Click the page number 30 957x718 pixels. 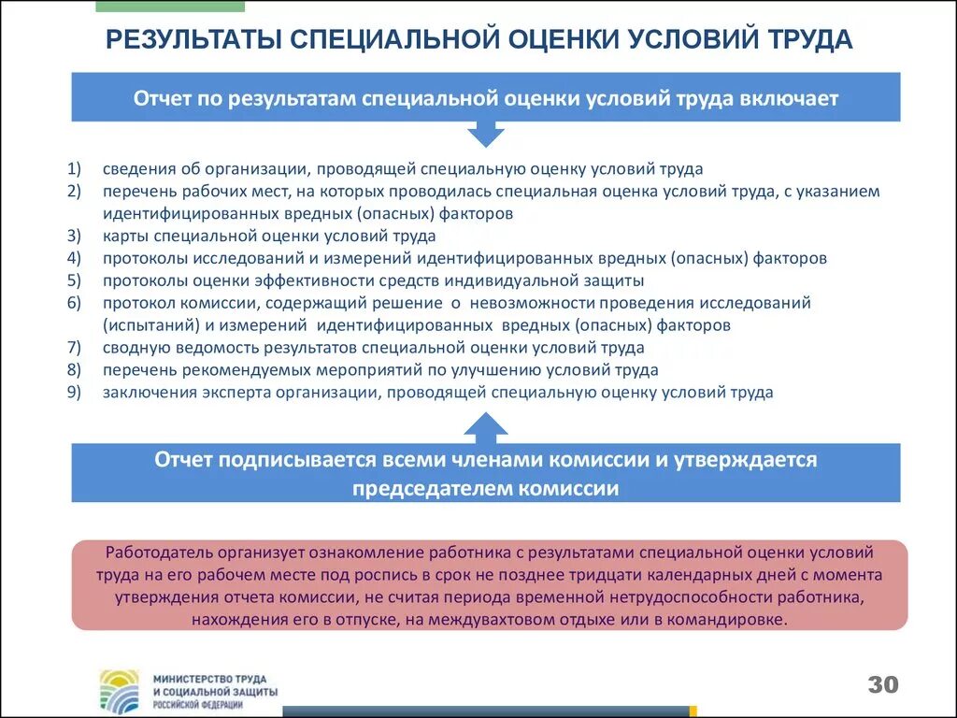tap(882, 684)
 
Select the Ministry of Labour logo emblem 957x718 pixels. tap(120, 690)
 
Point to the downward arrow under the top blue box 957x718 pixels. tap(485, 134)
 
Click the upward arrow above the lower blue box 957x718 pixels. tap(485, 427)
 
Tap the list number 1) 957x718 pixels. tap(75, 169)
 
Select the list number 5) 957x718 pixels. tap(75, 280)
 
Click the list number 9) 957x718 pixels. tap(75, 393)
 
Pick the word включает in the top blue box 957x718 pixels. tap(793, 98)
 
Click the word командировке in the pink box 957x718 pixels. tap(733, 620)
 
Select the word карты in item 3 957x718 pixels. tap(124, 237)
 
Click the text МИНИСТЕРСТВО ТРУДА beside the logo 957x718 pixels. tap(208, 677)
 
